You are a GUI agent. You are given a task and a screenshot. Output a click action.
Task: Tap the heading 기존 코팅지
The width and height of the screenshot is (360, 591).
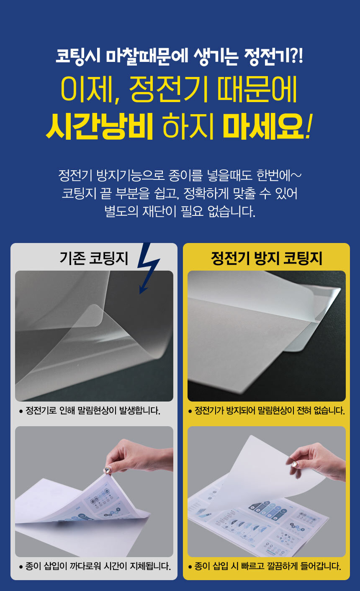(94, 258)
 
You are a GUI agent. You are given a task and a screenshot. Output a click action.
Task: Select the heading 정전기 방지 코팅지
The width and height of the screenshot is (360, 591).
(267, 258)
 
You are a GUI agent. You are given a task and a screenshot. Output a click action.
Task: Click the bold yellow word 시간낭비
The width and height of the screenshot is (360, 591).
(100, 126)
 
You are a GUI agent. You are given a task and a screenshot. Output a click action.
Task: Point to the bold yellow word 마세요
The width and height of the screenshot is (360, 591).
(263, 126)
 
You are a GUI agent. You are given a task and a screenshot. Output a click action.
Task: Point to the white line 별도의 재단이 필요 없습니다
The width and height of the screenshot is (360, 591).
(180, 211)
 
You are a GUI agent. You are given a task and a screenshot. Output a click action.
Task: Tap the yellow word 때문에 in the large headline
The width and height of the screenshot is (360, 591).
(257, 89)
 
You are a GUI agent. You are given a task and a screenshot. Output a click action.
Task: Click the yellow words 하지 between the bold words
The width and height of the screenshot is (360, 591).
(188, 126)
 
